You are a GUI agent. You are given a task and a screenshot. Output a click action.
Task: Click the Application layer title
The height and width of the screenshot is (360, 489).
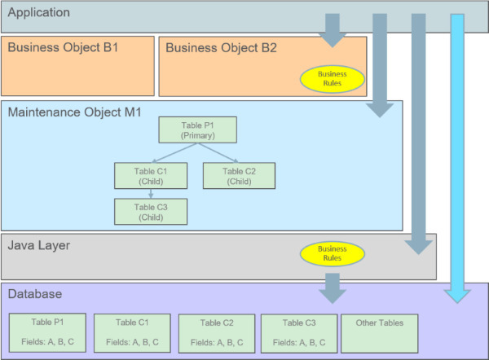[x=38, y=13]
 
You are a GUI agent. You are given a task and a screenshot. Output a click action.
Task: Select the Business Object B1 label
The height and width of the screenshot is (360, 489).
[x=64, y=48]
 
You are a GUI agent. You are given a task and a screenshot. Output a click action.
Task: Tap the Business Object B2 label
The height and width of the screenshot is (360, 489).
[x=222, y=48]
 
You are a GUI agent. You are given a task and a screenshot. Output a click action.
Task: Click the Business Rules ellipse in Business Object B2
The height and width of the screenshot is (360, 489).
[x=332, y=79]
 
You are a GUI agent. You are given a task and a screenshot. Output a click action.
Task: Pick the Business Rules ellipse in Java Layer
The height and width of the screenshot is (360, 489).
[x=332, y=254]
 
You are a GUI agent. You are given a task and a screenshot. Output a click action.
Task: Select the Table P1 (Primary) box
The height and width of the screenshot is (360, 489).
[x=197, y=130]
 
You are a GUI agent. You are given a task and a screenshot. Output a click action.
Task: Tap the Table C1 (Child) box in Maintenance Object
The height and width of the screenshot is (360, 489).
[x=151, y=176]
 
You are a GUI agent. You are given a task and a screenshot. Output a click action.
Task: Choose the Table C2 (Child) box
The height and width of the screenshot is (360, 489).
[x=239, y=176]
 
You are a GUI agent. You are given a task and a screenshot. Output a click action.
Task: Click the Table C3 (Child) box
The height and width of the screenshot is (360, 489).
[x=151, y=212]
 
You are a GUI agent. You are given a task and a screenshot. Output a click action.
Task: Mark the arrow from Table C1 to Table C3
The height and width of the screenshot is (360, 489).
[x=151, y=194]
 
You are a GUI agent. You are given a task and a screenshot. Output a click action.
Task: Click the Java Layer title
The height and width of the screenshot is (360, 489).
[x=40, y=244]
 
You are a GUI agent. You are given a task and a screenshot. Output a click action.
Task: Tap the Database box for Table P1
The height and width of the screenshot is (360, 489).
[x=48, y=333]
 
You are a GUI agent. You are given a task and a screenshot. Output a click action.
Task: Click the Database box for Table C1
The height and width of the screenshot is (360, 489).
[x=132, y=333]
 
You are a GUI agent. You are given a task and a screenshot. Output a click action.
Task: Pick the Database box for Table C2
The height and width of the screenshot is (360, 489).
[x=216, y=333]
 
